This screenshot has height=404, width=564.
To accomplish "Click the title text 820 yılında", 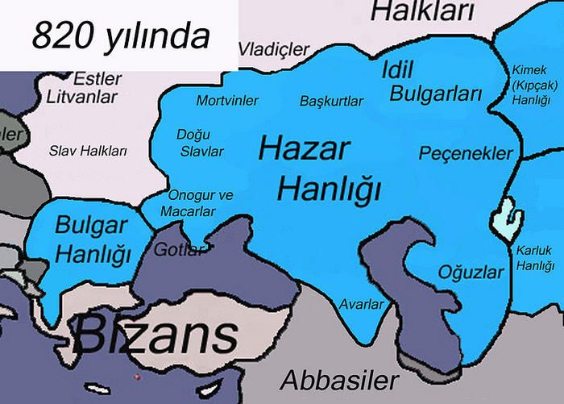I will point(120,35).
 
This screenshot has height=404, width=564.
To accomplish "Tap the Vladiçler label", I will point(275,48).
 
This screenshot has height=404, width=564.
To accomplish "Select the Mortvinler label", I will point(228,101).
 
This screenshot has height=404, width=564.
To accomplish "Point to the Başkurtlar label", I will point(331,102).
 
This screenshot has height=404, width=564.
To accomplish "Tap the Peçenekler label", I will point(466,152).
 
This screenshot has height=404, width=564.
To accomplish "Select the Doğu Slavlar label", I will point(200,143).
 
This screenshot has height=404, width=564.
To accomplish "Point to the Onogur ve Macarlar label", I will point(200,203).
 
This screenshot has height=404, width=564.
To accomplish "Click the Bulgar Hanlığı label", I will point(93,240).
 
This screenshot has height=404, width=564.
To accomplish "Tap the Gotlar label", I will point(178,249).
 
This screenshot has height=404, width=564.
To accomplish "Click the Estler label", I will point(97,79).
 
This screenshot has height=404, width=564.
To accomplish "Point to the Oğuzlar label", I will point(470,272).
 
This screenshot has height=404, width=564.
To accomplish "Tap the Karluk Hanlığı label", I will point(536,258).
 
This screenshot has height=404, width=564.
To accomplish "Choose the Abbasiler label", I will point(339,379).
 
